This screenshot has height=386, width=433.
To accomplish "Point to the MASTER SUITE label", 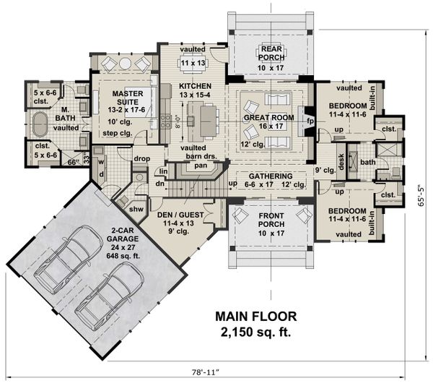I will coord(119,98).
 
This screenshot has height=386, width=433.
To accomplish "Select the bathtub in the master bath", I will coord(41,127).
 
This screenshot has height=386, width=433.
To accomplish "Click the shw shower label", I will coord(135,209).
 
